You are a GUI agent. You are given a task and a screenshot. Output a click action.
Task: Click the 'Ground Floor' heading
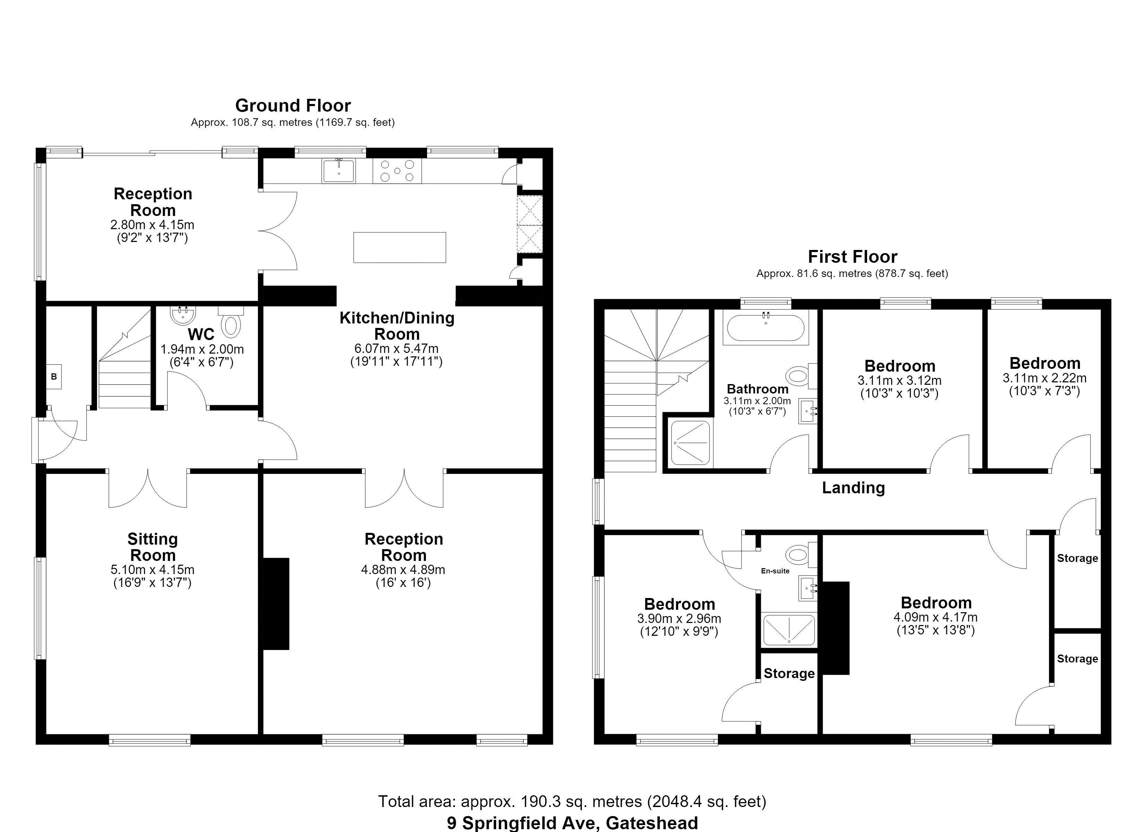click(293, 105)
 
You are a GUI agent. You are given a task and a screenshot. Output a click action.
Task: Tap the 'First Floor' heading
click(852, 257)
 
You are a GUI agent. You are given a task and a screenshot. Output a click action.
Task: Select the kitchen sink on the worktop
click(338, 171)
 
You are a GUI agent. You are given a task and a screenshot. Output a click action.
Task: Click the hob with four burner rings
click(397, 171)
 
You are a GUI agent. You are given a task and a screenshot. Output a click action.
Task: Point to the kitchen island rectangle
click(399, 247)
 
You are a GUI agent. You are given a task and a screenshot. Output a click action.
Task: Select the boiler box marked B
click(54, 376)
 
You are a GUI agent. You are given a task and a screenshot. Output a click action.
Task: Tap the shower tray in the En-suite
click(789, 630)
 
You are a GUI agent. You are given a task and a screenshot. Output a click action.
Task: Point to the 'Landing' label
click(853, 488)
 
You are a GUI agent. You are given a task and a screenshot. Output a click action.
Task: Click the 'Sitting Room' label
click(152, 547)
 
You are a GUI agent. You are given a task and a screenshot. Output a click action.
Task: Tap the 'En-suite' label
click(775, 571)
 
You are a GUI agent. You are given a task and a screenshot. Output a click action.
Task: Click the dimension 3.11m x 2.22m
click(1045, 378)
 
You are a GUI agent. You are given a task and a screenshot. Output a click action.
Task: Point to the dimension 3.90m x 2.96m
click(679, 618)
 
